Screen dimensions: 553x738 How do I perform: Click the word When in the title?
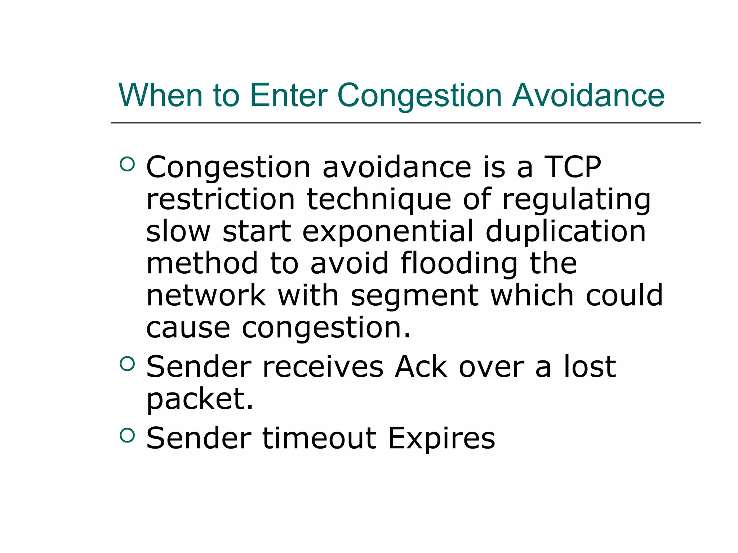point(160,95)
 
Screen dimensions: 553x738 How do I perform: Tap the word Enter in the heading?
point(288,95)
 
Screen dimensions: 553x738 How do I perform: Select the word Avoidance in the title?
point(588,95)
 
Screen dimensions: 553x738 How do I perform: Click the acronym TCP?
point(572,167)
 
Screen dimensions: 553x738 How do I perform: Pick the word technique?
point(379,200)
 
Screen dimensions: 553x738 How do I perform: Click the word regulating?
point(576,200)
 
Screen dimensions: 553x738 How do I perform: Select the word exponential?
point(388,232)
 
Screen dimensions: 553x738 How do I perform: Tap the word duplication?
point(565,231)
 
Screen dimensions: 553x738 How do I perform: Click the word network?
point(206,295)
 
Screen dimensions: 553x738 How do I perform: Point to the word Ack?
point(421,367)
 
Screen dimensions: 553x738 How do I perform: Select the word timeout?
point(319,438)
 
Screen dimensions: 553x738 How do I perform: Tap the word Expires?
point(441,439)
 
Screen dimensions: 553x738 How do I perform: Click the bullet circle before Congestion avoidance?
point(127,164)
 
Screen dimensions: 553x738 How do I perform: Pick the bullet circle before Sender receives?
point(127,364)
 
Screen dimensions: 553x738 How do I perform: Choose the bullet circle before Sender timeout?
point(127,435)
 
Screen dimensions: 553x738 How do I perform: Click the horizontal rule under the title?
point(405,123)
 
